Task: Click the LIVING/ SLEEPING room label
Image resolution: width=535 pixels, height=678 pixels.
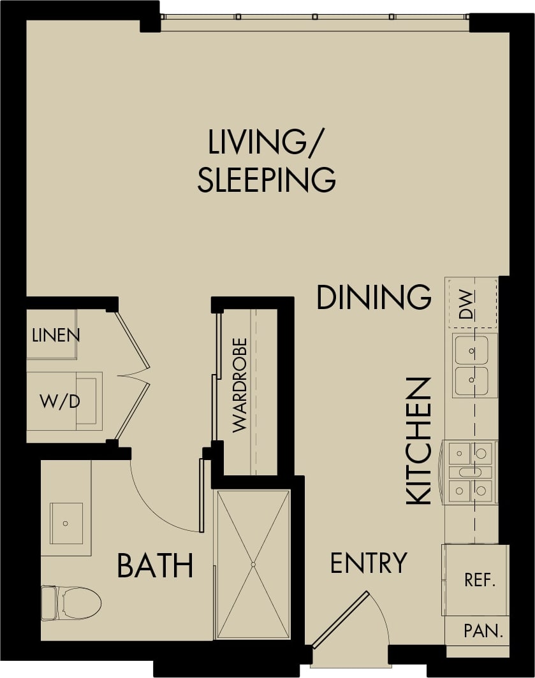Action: coord(266,161)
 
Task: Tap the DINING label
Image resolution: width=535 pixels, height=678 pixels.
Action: coord(374,298)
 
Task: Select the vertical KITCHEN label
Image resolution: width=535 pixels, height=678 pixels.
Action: coord(419,441)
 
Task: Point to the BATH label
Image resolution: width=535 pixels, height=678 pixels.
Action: coord(155,565)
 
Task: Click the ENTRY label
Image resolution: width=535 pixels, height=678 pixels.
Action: coord(369,563)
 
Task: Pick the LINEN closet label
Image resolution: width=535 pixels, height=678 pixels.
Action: coord(55,335)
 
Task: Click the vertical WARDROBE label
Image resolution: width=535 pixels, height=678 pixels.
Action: coord(240,386)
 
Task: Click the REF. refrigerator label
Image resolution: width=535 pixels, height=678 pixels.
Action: coord(480,581)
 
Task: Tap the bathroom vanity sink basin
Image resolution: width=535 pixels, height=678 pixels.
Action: coord(66,523)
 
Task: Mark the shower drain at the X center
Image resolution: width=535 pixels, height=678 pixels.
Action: coord(253,565)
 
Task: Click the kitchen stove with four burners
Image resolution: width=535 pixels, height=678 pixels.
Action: coord(471,472)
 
